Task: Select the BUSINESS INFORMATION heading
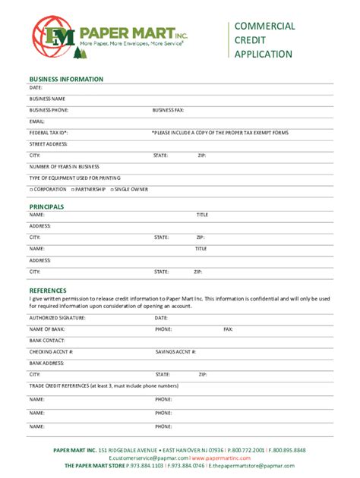pyautogui.click(x=66, y=79)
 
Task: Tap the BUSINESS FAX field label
pyautogui.click(x=168, y=110)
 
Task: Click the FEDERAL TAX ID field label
pyautogui.click(x=49, y=133)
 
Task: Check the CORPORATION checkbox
pyautogui.click(x=31, y=189)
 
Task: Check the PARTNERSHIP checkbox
pyautogui.click(x=72, y=189)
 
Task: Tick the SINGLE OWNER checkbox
pyautogui.click(x=112, y=189)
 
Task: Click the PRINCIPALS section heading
pyautogui.click(x=46, y=206)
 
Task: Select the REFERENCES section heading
pyautogui.click(x=48, y=290)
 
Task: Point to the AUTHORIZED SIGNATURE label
pyautogui.click(x=57, y=318)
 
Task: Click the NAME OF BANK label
pyautogui.click(x=48, y=329)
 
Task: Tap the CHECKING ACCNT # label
pyautogui.click(x=51, y=352)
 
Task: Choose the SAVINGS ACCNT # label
pyautogui.click(x=175, y=352)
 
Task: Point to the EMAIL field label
pyautogui.click(x=37, y=121)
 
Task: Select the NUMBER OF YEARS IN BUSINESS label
pyautogui.click(x=65, y=166)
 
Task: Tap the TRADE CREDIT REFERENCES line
pyautogui.click(x=104, y=386)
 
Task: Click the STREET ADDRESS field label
pyautogui.click(x=48, y=143)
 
